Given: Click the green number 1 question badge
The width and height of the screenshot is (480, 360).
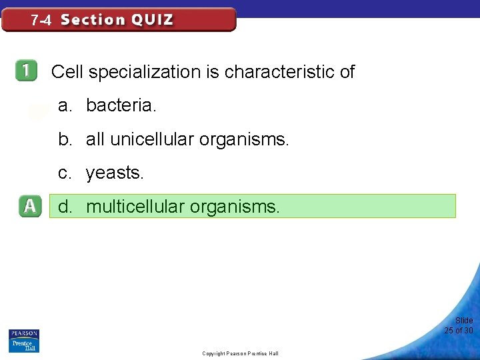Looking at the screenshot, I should click(x=27, y=71).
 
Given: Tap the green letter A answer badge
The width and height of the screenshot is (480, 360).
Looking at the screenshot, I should click(x=29, y=207).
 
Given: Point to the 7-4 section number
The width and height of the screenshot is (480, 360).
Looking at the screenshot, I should click(x=41, y=20).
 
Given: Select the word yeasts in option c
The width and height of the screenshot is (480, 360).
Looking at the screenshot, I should click(x=114, y=173).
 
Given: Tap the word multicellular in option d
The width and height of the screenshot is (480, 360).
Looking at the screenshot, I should click(x=135, y=207).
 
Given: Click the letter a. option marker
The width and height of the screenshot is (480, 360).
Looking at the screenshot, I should click(x=65, y=105).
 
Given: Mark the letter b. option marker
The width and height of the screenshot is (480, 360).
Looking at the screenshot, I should click(x=65, y=139).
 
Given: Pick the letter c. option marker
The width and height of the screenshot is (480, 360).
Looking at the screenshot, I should click(x=65, y=173).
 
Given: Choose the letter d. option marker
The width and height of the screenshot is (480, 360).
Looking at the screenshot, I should click(x=65, y=207).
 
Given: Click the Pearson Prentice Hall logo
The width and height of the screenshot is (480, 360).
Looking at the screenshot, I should click(x=23, y=341).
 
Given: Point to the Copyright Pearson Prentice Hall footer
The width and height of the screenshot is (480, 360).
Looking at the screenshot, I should click(x=240, y=353).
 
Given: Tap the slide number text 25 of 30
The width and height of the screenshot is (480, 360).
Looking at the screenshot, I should click(x=459, y=331).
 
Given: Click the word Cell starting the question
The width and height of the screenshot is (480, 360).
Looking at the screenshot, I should click(x=65, y=72).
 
